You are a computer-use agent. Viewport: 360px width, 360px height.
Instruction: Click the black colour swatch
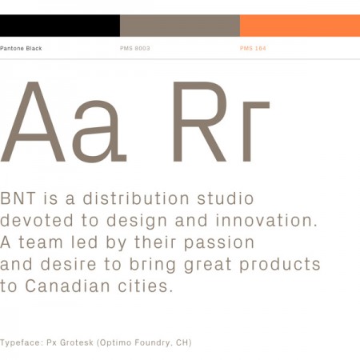click(x=60, y=26)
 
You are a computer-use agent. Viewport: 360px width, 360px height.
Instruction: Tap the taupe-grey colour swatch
click(x=180, y=26)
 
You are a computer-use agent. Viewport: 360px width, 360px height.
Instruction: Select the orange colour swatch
click(x=300, y=26)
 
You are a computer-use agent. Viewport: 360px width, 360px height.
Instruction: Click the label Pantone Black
click(x=21, y=48)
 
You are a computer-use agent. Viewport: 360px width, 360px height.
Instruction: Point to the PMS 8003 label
click(x=135, y=48)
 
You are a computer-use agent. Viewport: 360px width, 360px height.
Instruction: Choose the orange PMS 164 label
click(x=253, y=48)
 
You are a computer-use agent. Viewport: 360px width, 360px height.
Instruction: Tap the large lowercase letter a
click(x=99, y=132)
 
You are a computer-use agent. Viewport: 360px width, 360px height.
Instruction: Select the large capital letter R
click(x=200, y=122)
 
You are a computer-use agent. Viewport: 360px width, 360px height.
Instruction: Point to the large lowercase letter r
click(x=256, y=132)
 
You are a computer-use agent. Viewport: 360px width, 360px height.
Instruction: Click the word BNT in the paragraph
click(x=18, y=198)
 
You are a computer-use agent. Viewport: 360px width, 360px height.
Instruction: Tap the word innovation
click(x=266, y=220)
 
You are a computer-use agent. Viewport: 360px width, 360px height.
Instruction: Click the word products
click(x=280, y=264)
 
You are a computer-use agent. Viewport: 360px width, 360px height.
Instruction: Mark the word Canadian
click(x=67, y=286)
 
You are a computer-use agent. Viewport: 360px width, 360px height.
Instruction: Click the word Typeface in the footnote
click(x=22, y=342)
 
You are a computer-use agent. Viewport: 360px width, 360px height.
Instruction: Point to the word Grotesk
click(x=77, y=342)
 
